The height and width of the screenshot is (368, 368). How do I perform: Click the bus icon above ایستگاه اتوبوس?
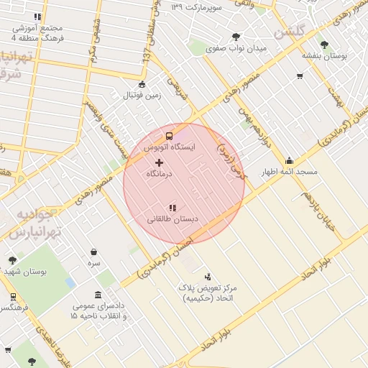pyautogui.click(x=169, y=135)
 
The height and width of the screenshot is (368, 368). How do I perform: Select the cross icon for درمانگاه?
pyautogui.click(x=159, y=163)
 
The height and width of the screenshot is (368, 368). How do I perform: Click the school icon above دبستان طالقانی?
pyautogui.click(x=172, y=208)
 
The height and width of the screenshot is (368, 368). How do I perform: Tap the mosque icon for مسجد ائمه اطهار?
pyautogui.click(x=290, y=160)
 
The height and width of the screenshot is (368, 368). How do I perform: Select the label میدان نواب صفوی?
pyautogui.click(x=236, y=48)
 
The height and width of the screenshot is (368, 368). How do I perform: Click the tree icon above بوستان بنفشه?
pyautogui.click(x=324, y=44)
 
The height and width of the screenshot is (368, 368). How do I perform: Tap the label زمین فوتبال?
pyautogui.click(x=142, y=96)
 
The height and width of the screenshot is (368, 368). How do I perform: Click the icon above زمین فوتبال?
pyautogui.click(x=142, y=84)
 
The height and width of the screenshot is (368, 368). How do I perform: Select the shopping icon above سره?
pyautogui.click(x=94, y=252)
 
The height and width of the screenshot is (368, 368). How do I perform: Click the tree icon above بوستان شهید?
pyautogui.click(x=13, y=260)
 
